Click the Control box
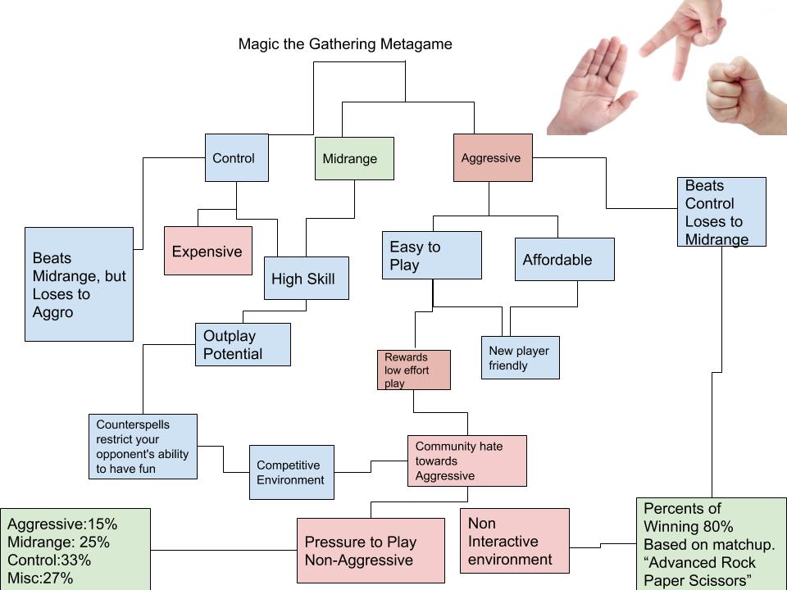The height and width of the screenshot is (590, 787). [x=236, y=158]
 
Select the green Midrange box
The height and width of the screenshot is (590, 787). [x=354, y=158]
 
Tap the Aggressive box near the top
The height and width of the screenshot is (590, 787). [x=493, y=158]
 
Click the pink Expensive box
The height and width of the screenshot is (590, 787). [x=207, y=251]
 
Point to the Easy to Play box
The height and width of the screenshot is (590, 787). [x=431, y=256]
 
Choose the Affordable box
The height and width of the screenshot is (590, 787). [x=564, y=260]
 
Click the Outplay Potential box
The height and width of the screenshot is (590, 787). [x=243, y=345]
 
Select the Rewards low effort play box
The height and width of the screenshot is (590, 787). [x=413, y=370]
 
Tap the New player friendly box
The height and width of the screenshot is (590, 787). [x=520, y=357]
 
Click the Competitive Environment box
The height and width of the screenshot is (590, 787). [x=291, y=472]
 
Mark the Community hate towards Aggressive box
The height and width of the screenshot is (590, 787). [x=466, y=461]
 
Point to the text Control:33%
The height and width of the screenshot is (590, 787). [x=49, y=560]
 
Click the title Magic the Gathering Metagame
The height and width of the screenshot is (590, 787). [x=344, y=44]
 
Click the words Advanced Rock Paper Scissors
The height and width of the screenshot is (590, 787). [x=709, y=571]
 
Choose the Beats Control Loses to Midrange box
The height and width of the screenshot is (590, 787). [x=721, y=211]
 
